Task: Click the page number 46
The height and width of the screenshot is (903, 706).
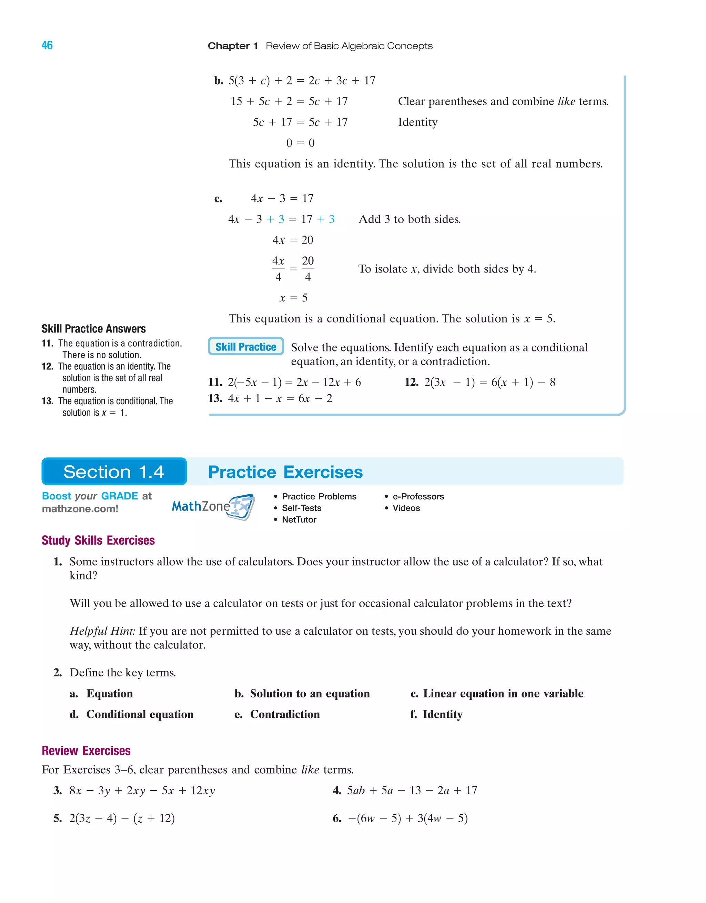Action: [47, 45]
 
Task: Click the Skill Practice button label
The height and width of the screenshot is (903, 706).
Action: [245, 347]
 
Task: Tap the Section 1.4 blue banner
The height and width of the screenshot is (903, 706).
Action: [114, 472]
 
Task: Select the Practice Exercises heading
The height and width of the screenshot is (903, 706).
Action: [285, 472]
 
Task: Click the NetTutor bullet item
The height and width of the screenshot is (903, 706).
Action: [299, 519]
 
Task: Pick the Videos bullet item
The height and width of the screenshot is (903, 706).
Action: [406, 508]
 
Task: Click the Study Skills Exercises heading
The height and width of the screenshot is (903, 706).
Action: [98, 540]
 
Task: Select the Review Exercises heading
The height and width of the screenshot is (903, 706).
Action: [86, 751]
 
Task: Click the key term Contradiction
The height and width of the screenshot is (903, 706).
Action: [285, 714]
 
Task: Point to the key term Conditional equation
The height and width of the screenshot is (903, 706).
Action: [140, 714]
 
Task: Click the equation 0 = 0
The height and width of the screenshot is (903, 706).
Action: [301, 143]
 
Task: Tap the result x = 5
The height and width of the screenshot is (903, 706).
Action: [293, 298]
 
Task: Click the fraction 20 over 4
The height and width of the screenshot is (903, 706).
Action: [307, 269]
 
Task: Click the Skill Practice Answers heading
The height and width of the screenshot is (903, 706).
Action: [93, 329]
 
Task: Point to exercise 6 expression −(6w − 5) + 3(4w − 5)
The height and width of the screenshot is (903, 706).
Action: [407, 818]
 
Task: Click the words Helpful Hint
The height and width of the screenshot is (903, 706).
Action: [102, 631]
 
